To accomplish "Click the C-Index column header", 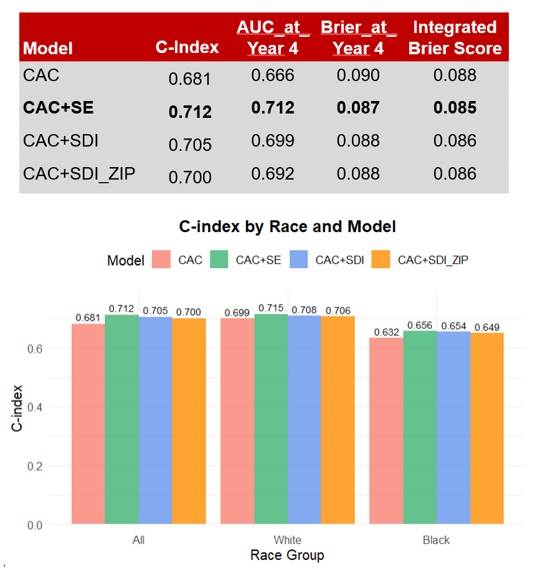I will (187, 48).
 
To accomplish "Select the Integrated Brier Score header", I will (455, 38).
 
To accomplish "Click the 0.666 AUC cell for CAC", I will (273, 76).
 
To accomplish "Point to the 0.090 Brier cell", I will (358, 76).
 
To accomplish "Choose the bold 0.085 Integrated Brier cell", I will (455, 108).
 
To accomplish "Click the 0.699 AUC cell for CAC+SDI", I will (273, 141).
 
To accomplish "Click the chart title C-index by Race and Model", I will (287, 226).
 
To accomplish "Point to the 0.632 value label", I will (386, 332).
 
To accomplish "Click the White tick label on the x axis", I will (287, 540).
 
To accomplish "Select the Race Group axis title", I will (287, 555).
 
